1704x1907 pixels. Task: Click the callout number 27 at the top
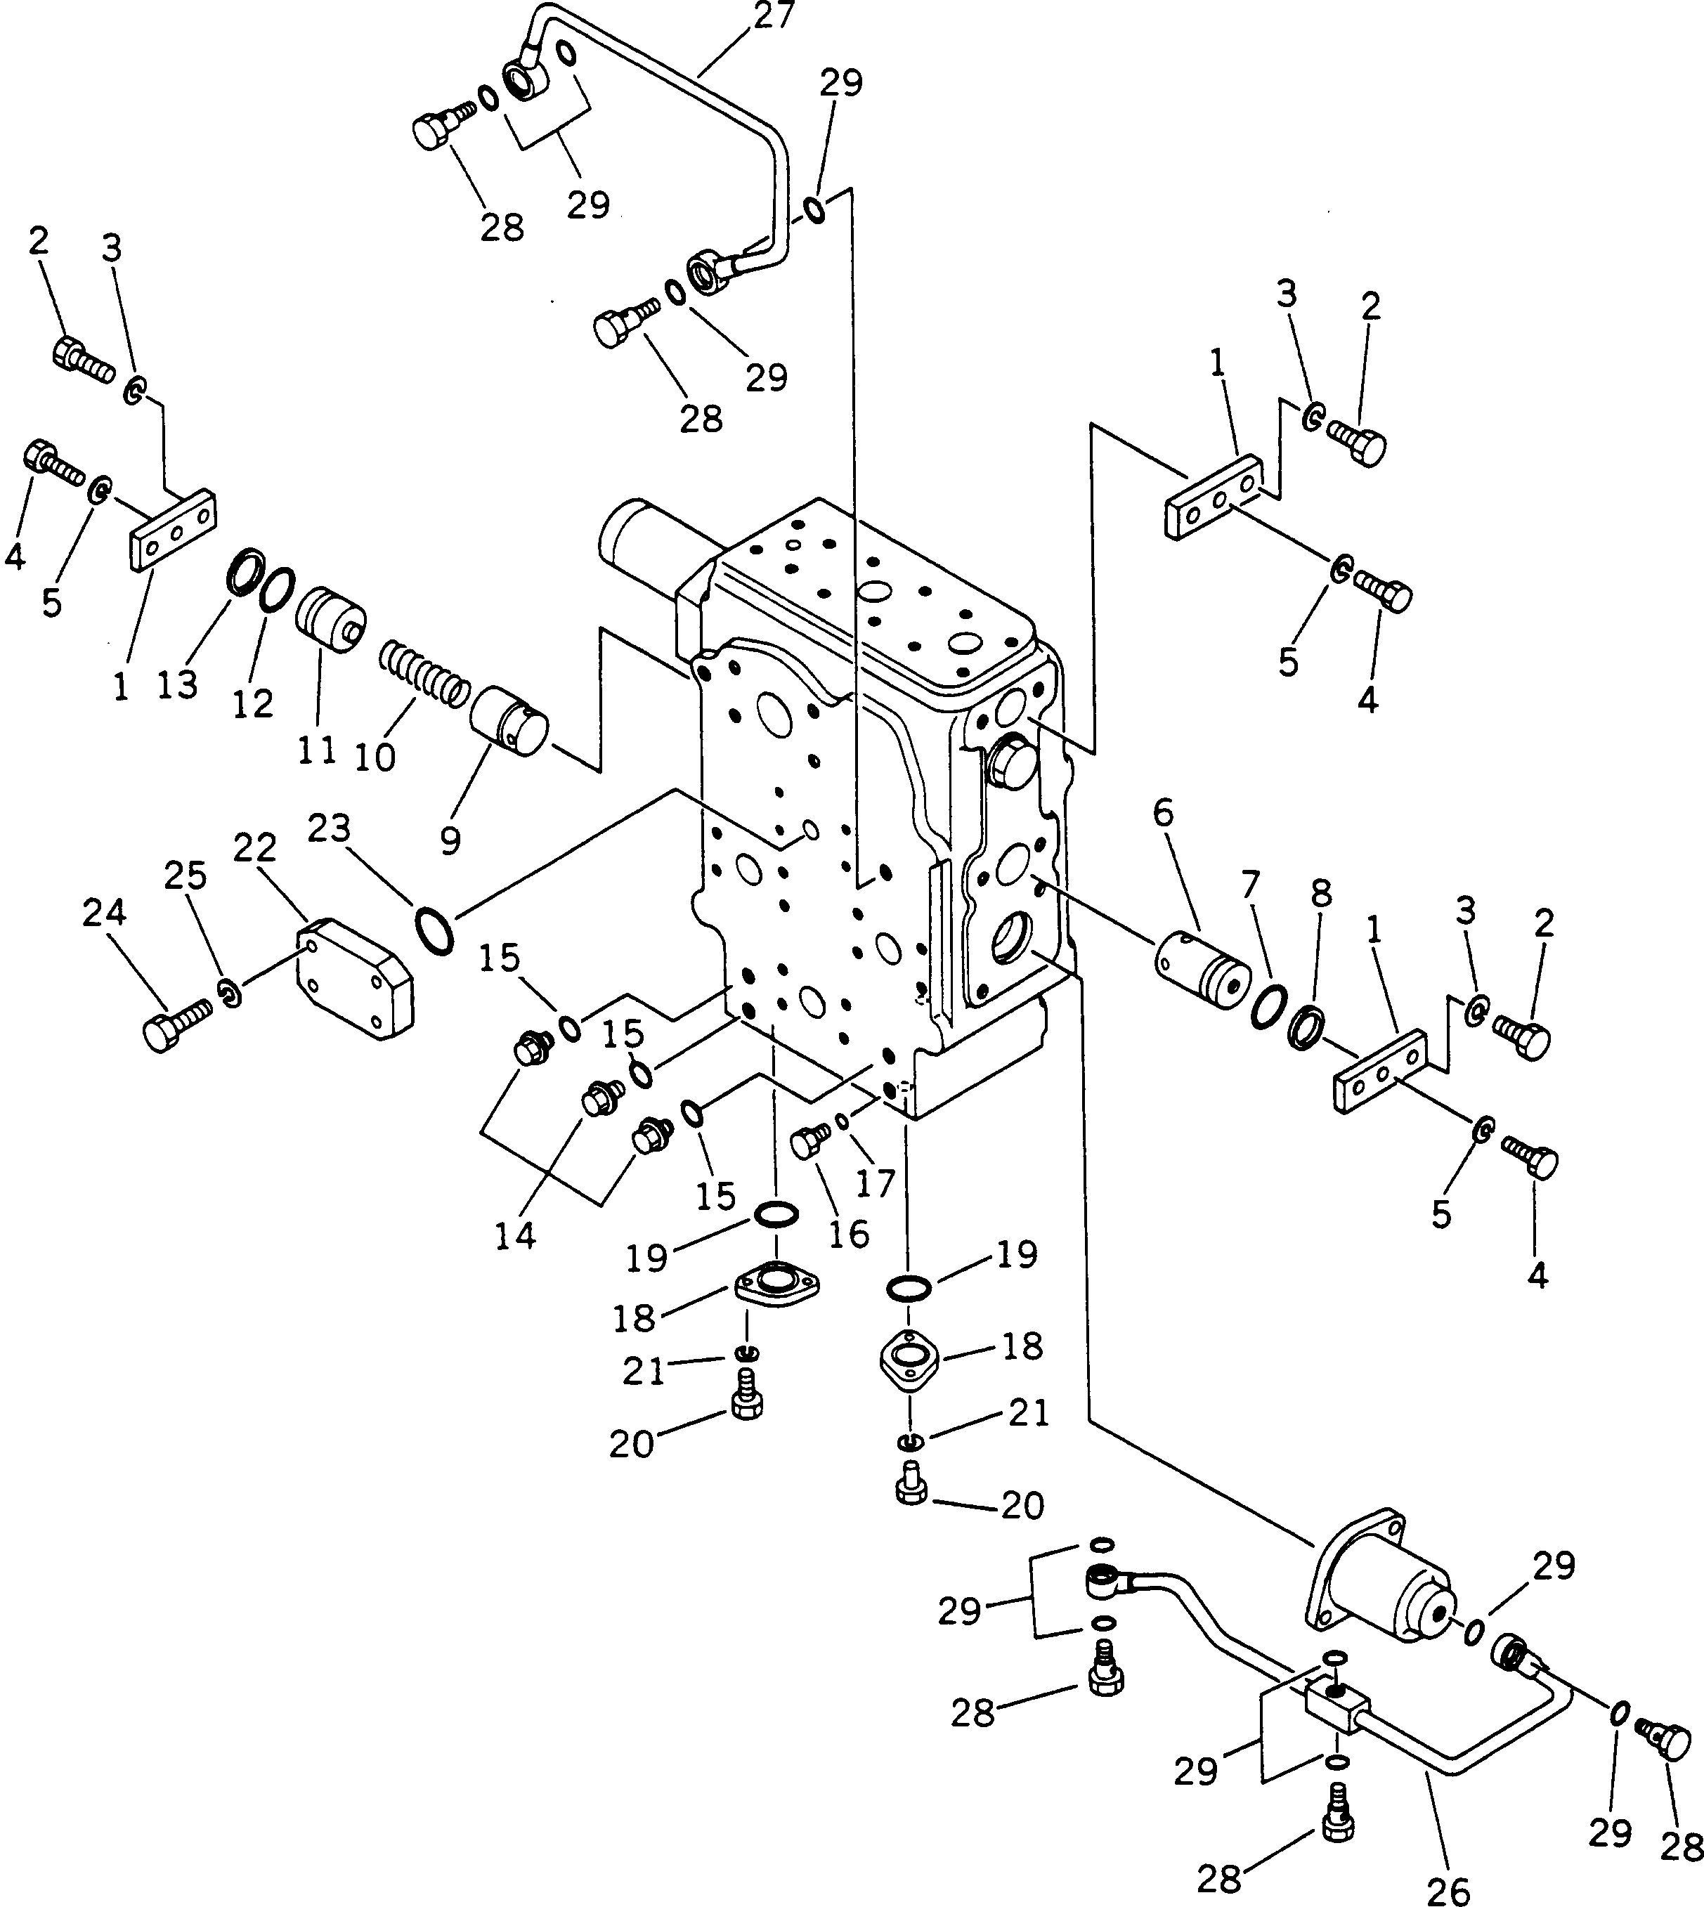coord(774,16)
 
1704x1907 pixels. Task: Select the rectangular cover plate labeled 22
coord(355,979)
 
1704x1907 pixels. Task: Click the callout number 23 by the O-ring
coord(330,828)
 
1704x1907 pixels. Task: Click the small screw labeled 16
coord(811,1142)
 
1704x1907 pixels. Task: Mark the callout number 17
coord(876,1184)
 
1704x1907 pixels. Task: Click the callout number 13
coord(178,684)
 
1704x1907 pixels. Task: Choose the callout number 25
coord(186,876)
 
